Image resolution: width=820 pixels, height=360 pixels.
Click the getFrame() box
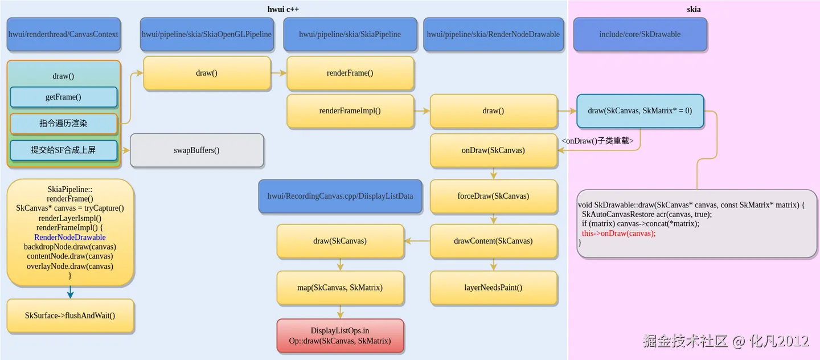coord(63,97)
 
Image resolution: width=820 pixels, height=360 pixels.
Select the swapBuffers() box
coord(196,150)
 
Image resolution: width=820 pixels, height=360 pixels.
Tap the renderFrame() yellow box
coord(350,73)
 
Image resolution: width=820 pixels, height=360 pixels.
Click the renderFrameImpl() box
coord(350,111)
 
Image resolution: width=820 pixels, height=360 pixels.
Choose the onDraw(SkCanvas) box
coord(493,150)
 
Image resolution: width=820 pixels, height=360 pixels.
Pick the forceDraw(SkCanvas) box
coord(493,196)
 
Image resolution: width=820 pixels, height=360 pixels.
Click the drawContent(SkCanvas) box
coord(493,241)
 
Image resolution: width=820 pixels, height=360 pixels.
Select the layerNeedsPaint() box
coord(493,288)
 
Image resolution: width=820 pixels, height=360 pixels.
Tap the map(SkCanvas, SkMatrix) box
coord(340,288)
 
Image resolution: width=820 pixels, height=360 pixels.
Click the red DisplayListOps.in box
coord(340,336)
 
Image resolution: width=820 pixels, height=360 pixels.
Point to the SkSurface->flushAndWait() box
coord(70,316)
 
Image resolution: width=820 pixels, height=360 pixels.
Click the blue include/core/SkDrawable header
coord(639,34)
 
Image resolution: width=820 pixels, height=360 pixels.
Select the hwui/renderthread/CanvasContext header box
coord(63,34)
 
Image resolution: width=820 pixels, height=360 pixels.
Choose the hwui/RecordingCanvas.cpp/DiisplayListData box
coord(340,197)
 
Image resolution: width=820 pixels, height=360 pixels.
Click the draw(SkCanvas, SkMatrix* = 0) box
coord(639,111)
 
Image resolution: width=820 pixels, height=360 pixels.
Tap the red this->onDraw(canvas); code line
coord(618,234)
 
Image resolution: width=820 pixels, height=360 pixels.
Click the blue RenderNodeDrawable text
coord(70,238)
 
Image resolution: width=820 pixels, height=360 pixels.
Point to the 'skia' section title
coord(694,9)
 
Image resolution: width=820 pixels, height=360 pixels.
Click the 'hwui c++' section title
coord(283,9)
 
